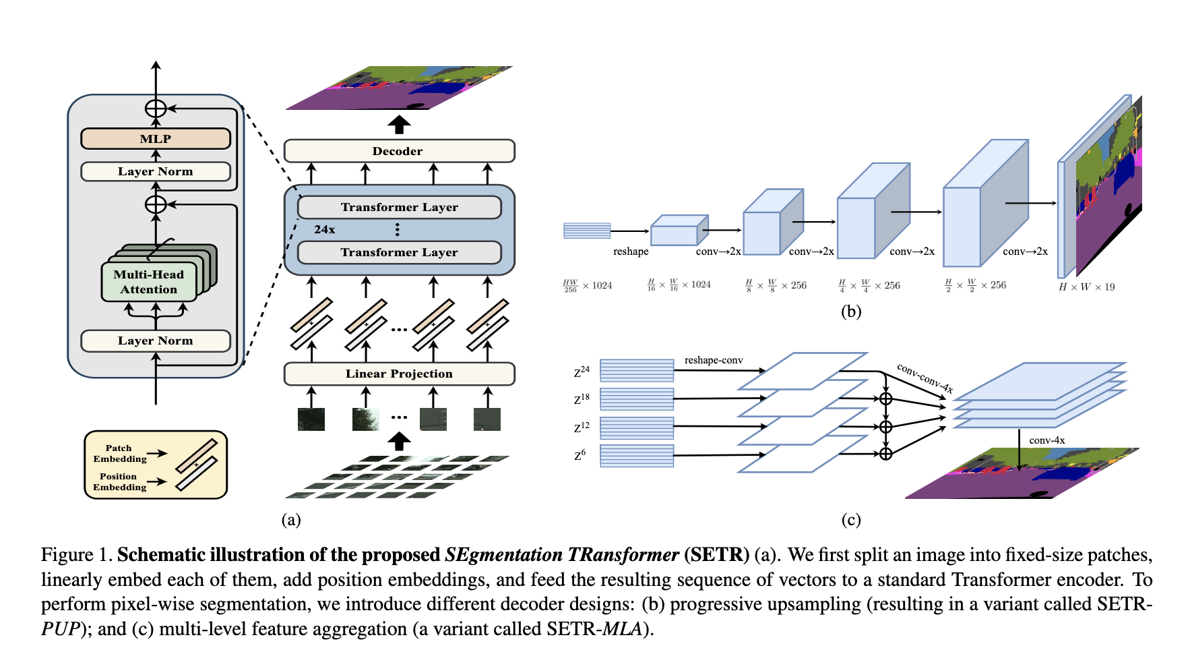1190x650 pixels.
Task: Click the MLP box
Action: click(156, 139)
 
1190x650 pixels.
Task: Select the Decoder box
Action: click(399, 151)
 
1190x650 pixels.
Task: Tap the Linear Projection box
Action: click(399, 374)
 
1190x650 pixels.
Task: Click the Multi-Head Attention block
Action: click(149, 282)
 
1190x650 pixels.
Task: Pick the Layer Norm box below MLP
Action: click(156, 171)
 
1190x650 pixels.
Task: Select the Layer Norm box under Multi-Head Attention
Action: click(156, 341)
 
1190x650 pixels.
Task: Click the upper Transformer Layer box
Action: click(399, 207)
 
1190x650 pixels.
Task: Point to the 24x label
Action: click(324, 229)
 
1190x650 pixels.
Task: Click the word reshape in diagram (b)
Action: click(631, 252)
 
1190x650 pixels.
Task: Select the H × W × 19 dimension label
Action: click(1086, 287)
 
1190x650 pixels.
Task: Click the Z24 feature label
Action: click(582, 372)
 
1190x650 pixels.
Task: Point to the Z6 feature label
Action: click(580, 455)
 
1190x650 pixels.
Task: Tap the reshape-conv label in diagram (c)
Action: click(713, 360)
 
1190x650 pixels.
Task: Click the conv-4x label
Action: click(1046, 440)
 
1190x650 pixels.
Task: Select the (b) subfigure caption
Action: click(850, 312)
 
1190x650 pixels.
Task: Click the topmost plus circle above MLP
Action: click(156, 108)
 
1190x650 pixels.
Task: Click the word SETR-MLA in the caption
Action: click(594, 629)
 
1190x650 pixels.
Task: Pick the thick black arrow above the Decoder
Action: click(399, 125)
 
